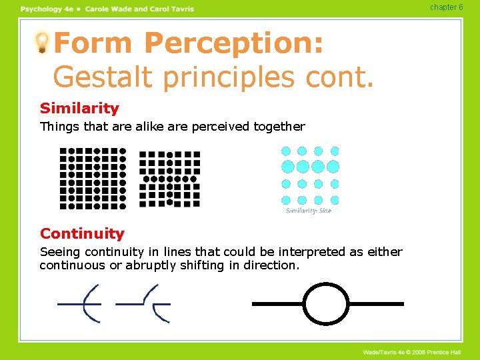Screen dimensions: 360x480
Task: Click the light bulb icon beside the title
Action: pos(42,43)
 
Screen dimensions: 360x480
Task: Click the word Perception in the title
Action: pos(234,44)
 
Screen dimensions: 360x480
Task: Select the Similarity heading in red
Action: pos(79,108)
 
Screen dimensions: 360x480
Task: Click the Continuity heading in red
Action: pos(82,233)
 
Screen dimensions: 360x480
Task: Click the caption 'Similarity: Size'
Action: pos(308,211)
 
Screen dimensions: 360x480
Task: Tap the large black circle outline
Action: pos(326,304)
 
